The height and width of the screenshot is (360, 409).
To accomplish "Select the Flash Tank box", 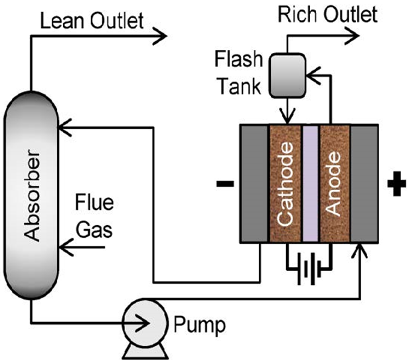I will pyautogui.click(x=283, y=68).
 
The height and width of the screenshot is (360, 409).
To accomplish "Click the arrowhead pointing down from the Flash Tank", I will pyautogui.click(x=284, y=115).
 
